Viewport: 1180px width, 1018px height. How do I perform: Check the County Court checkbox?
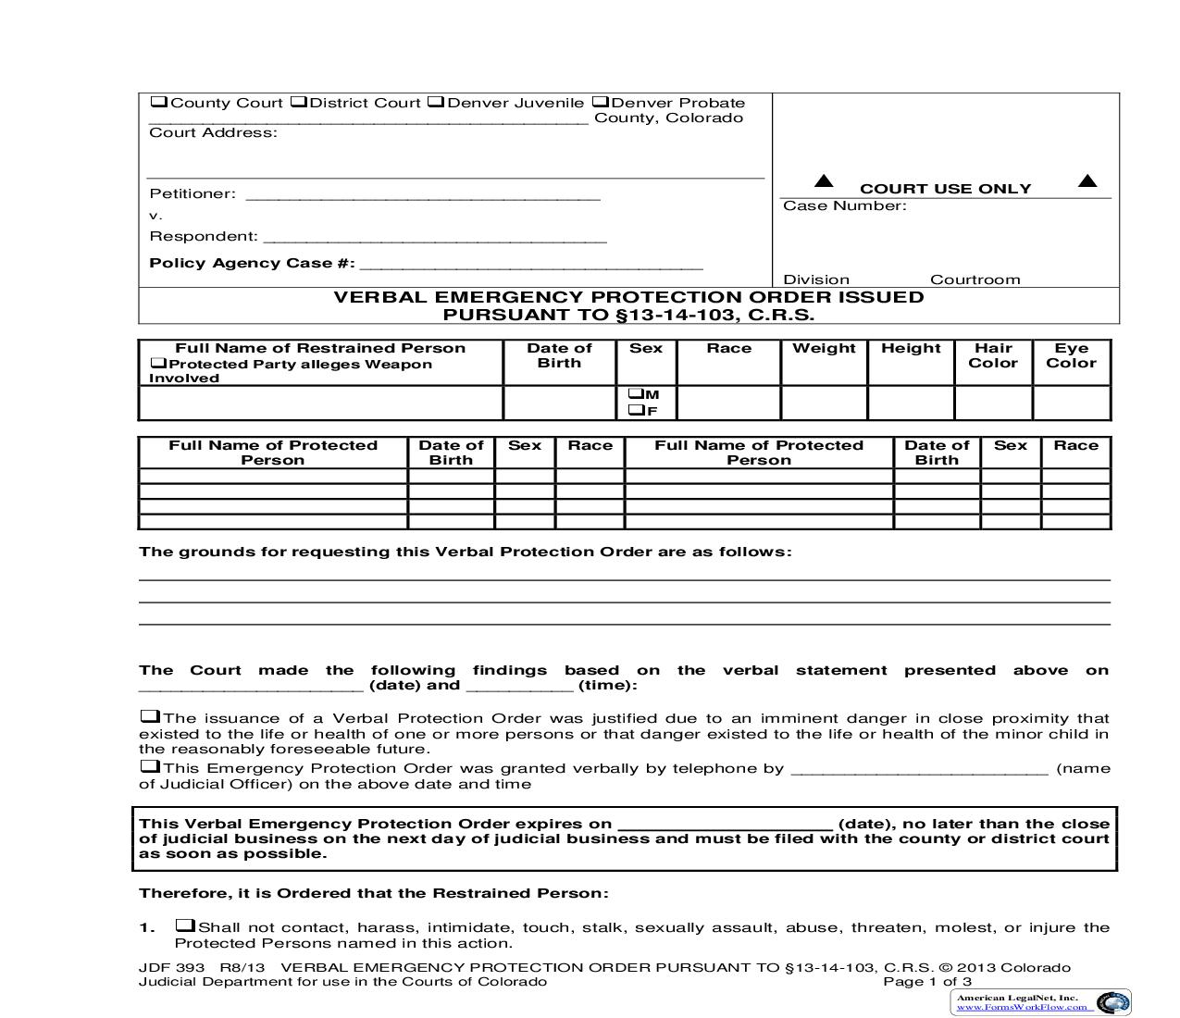pos(159,102)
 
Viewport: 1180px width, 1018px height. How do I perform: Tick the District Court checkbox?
pos(298,102)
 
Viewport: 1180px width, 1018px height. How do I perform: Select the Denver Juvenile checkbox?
pos(436,102)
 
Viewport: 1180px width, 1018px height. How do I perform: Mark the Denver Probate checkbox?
pos(600,102)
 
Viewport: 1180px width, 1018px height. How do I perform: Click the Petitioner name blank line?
pos(422,194)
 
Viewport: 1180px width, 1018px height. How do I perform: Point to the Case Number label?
pos(844,205)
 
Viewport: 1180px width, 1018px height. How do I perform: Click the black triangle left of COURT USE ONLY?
pos(823,181)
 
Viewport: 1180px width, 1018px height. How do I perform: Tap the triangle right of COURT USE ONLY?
pos(1087,181)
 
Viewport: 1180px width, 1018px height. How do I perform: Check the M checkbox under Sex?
pos(636,394)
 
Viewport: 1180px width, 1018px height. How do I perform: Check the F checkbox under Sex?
pos(636,410)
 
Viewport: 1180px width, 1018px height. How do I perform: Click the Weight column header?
pos(824,349)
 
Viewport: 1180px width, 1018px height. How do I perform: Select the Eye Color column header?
pos(1071,355)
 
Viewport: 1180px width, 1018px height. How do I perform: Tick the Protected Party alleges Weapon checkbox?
pos(158,364)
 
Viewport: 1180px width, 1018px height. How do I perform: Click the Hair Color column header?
pos(993,355)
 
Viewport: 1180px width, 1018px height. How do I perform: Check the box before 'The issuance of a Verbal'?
pos(149,716)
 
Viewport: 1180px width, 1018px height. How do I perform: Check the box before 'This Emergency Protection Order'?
pos(149,766)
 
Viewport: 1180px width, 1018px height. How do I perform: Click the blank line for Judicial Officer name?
pos(920,769)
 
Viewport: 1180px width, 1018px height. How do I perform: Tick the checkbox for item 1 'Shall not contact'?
pos(185,925)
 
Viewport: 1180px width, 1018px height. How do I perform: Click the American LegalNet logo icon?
pos(1112,1002)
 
